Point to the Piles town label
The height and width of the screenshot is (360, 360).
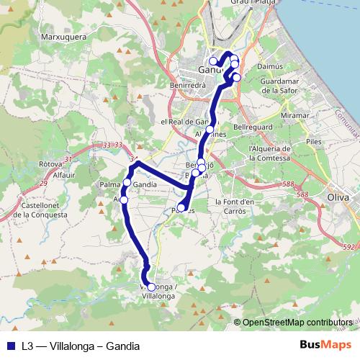(313, 143)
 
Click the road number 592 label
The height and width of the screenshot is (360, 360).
(350, 248)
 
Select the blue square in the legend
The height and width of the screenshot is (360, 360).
(10, 346)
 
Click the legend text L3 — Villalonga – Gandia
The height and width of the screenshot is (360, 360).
(80, 346)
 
